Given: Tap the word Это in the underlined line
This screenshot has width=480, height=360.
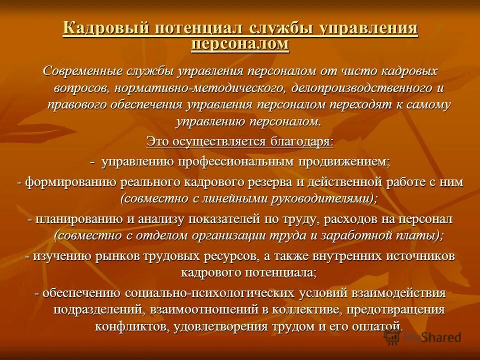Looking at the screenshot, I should pos(157,141).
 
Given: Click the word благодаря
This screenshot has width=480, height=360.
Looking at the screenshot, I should pos(299,141).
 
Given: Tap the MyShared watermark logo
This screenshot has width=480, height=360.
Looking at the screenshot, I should pos(422,337).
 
